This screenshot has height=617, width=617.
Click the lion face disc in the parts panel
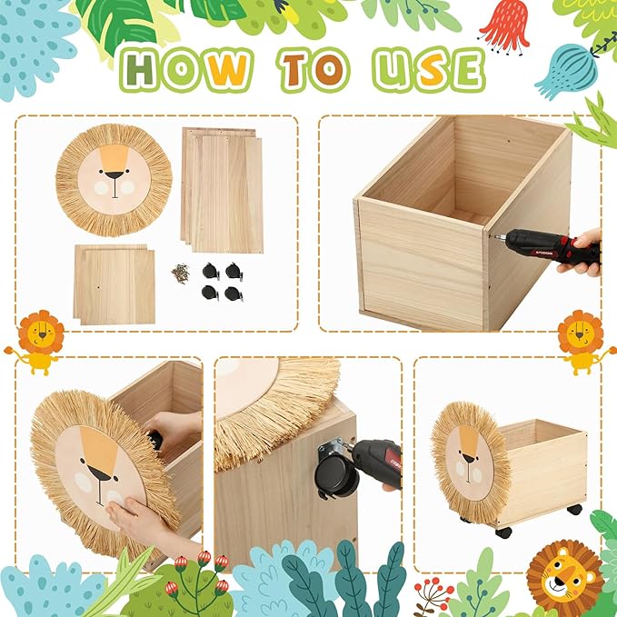click(x=114, y=179)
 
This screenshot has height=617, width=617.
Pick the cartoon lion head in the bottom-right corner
click(x=565, y=576)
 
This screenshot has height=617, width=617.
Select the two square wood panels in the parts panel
click(x=114, y=284)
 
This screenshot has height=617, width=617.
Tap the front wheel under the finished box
click(x=503, y=532)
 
